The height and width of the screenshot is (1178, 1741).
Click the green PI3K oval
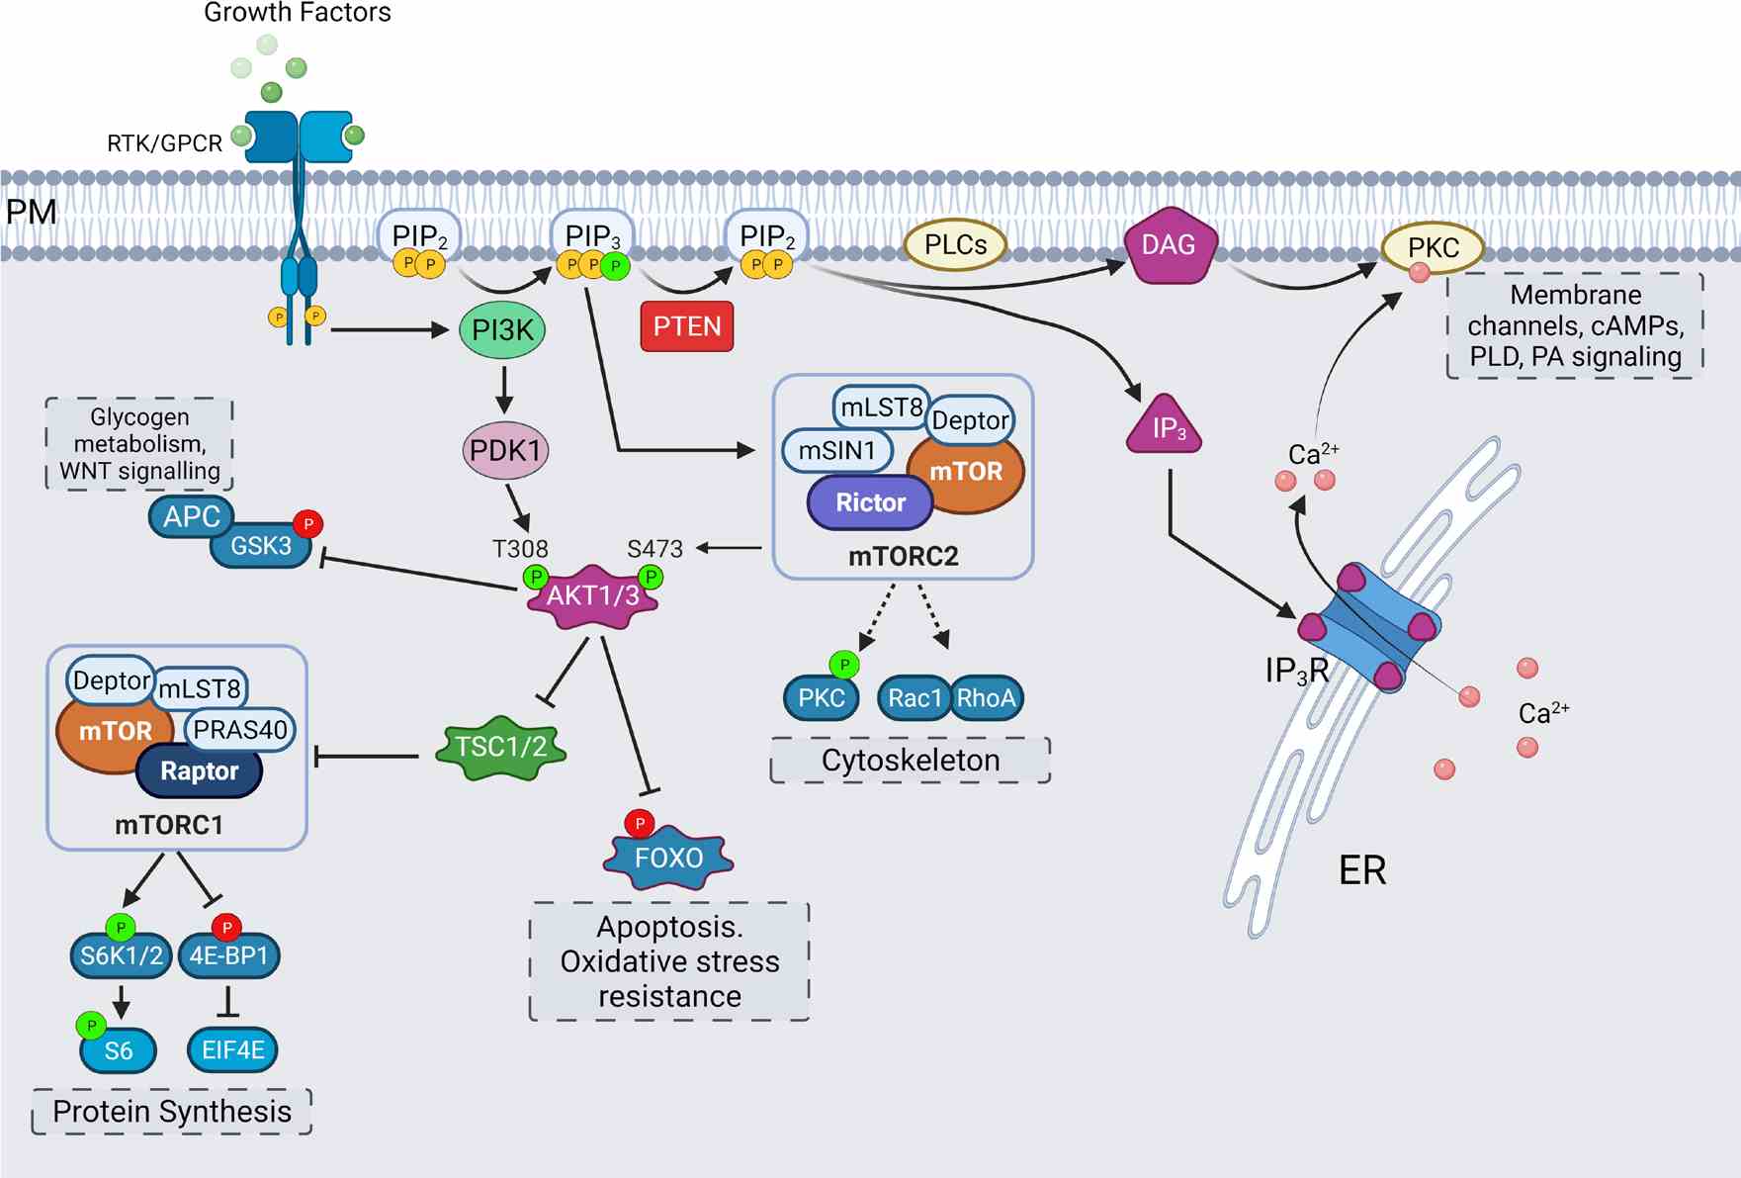pyautogui.click(x=502, y=330)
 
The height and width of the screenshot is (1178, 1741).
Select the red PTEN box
pyautogui.click(x=687, y=326)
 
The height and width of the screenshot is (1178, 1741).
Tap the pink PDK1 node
pyautogui.click(x=505, y=451)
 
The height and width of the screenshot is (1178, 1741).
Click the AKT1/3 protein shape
pyautogui.click(x=593, y=596)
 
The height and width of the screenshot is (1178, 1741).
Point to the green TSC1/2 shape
pyautogui.click(x=501, y=747)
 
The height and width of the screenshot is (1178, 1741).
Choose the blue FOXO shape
pyautogui.click(x=668, y=858)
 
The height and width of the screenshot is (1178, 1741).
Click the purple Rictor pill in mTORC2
pyautogui.click(x=870, y=502)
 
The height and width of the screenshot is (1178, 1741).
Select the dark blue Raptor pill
pyautogui.click(x=199, y=771)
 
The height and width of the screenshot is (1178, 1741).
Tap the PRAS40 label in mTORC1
pyautogui.click(x=239, y=730)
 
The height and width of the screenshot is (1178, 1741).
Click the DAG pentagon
pyautogui.click(x=1169, y=246)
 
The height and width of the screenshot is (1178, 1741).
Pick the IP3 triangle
pyautogui.click(x=1165, y=427)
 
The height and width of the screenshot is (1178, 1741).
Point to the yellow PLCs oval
pyautogui.click(x=955, y=245)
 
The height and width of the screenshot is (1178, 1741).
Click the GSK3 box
pyautogui.click(x=261, y=546)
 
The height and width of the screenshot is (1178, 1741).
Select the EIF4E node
pyautogui.click(x=232, y=1050)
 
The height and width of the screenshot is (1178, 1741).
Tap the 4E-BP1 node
pyautogui.click(x=228, y=956)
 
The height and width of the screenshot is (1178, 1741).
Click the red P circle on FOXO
pyautogui.click(x=640, y=823)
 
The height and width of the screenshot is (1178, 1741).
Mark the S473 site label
pyautogui.click(x=654, y=549)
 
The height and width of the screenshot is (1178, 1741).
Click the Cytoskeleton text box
pyautogui.click(x=911, y=761)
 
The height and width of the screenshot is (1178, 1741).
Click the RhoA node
pyautogui.click(x=986, y=698)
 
